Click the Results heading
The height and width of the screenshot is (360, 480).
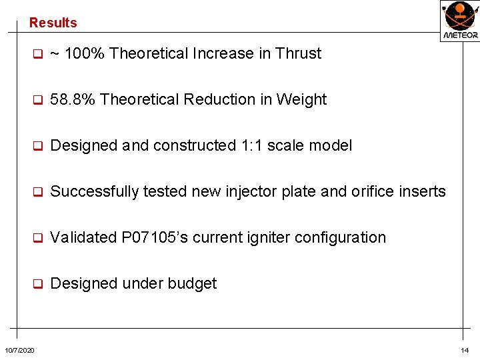(x=53, y=23)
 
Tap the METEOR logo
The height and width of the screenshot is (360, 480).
(x=460, y=20)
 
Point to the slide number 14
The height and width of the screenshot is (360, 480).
(x=465, y=351)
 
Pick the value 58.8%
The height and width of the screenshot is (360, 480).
(x=73, y=99)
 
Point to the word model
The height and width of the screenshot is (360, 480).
(x=332, y=145)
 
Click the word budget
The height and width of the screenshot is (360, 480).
(x=194, y=283)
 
